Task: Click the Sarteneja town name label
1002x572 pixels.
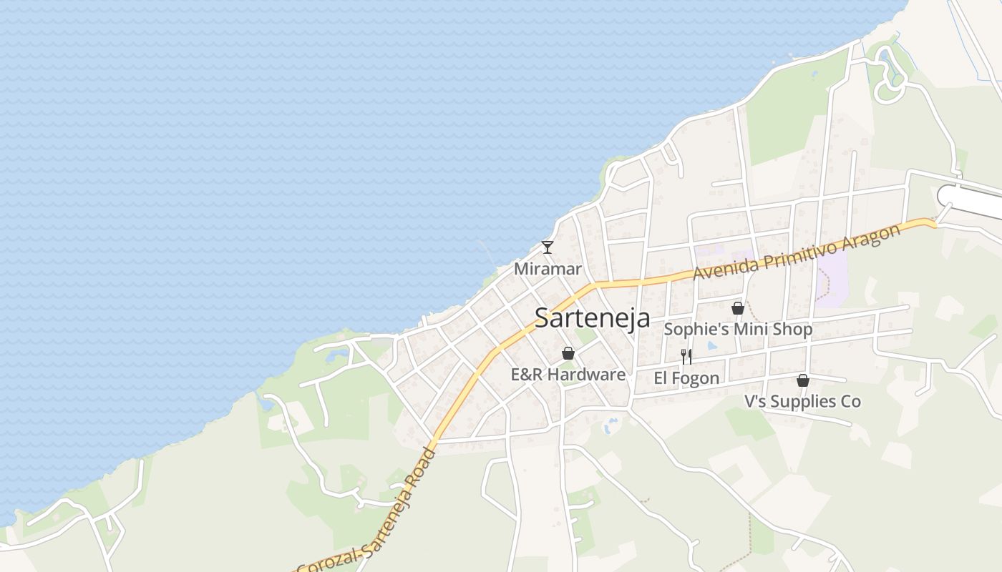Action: pos(592,318)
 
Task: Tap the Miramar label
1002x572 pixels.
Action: pos(548,269)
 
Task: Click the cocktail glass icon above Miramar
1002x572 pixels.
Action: pos(548,247)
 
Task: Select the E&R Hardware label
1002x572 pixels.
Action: pos(568,374)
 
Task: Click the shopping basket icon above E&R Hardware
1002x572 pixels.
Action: pos(568,353)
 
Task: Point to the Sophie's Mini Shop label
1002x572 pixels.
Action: pos(738,330)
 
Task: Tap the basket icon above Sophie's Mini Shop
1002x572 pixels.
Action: pos(738,308)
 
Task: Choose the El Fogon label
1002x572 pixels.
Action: pos(686,378)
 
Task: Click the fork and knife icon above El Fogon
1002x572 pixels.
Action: pos(686,356)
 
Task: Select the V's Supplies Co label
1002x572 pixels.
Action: pos(802,401)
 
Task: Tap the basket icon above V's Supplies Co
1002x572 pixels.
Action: pos(803,380)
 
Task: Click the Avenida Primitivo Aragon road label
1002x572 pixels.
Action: pos(796,253)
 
